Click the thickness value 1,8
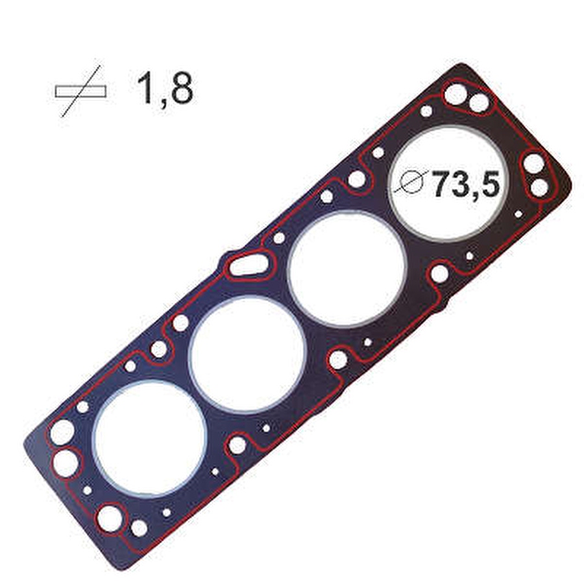click(165, 89)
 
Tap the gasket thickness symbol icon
click(81, 91)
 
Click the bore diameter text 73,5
click(465, 184)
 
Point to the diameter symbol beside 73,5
click(409, 182)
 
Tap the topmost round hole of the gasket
click(455, 94)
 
